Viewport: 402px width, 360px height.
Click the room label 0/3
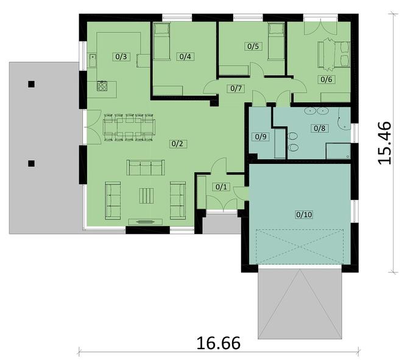121,57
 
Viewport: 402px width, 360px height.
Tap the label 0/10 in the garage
305,214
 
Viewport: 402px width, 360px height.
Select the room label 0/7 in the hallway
236,88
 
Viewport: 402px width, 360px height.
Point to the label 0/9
261,136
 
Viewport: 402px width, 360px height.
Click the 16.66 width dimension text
219,343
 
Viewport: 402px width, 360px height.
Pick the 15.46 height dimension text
384,143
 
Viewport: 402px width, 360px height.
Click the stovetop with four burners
102,86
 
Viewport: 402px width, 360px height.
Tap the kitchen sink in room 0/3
92,60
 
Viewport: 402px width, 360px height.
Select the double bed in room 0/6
334,54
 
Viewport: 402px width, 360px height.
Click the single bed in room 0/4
161,41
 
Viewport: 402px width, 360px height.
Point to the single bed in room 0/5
277,41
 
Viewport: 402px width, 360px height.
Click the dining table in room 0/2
130,127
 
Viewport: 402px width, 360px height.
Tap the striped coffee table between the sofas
146,196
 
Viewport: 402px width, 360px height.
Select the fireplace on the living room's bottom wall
146,222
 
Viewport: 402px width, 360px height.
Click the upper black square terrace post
31,84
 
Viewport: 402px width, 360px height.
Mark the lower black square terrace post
31,163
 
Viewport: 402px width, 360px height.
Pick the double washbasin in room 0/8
316,111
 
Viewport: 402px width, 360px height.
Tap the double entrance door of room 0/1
222,203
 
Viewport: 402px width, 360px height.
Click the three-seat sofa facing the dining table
146,168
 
